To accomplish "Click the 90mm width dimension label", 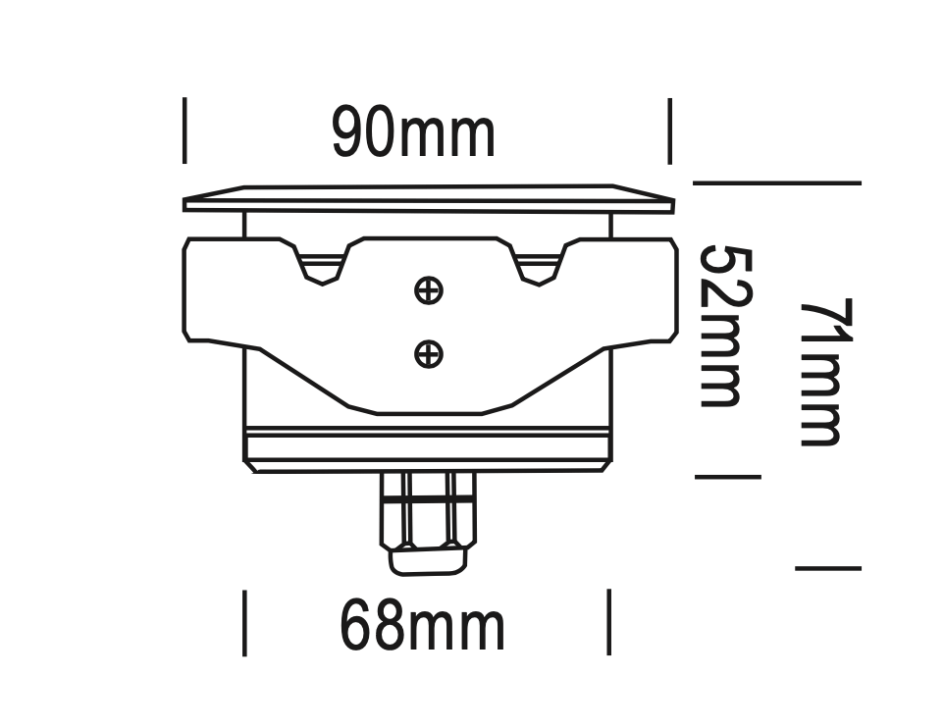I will point(413,134).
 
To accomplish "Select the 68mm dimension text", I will point(422,627).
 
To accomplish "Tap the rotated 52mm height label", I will point(725,327).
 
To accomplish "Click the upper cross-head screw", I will point(429,290).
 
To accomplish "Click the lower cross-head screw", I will point(429,353).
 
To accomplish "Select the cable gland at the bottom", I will point(428,520).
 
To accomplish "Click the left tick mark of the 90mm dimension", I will point(184,130).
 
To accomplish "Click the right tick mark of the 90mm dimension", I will point(669,130).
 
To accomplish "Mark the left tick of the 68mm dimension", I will point(244,622).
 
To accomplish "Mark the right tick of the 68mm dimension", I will point(609,622).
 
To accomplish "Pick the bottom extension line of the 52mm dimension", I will point(727,477).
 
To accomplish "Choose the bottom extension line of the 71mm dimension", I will point(827,568).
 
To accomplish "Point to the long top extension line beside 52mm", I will point(776,182).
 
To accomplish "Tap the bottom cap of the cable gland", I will point(428,561).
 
